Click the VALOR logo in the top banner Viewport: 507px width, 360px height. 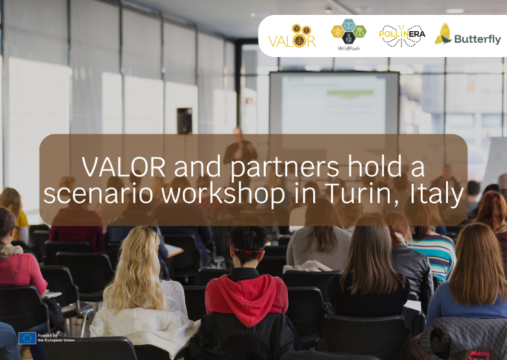coord(292,36)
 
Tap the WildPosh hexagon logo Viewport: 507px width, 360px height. coord(348,34)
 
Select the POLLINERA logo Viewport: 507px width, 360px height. coord(402,36)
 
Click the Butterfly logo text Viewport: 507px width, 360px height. coord(477,39)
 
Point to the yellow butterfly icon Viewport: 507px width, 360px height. coord(443,34)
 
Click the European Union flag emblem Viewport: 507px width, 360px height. coord(27,338)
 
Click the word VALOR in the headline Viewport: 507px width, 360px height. coord(121,167)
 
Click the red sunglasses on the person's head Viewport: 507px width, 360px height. coord(248,252)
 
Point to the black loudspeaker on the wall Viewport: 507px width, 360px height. coord(184,121)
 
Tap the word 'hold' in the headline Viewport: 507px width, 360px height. coord(374,167)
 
